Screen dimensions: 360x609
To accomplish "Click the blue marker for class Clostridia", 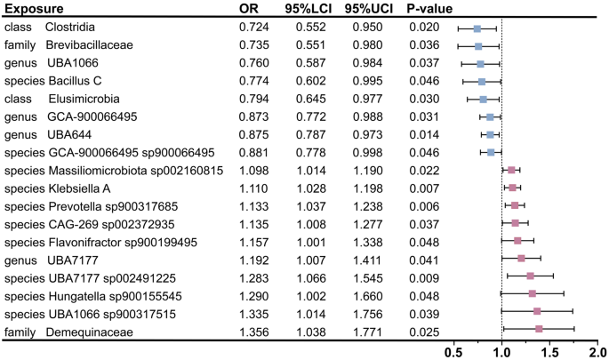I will click(477, 28).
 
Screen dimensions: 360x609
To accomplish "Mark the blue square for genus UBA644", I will click(490, 135).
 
